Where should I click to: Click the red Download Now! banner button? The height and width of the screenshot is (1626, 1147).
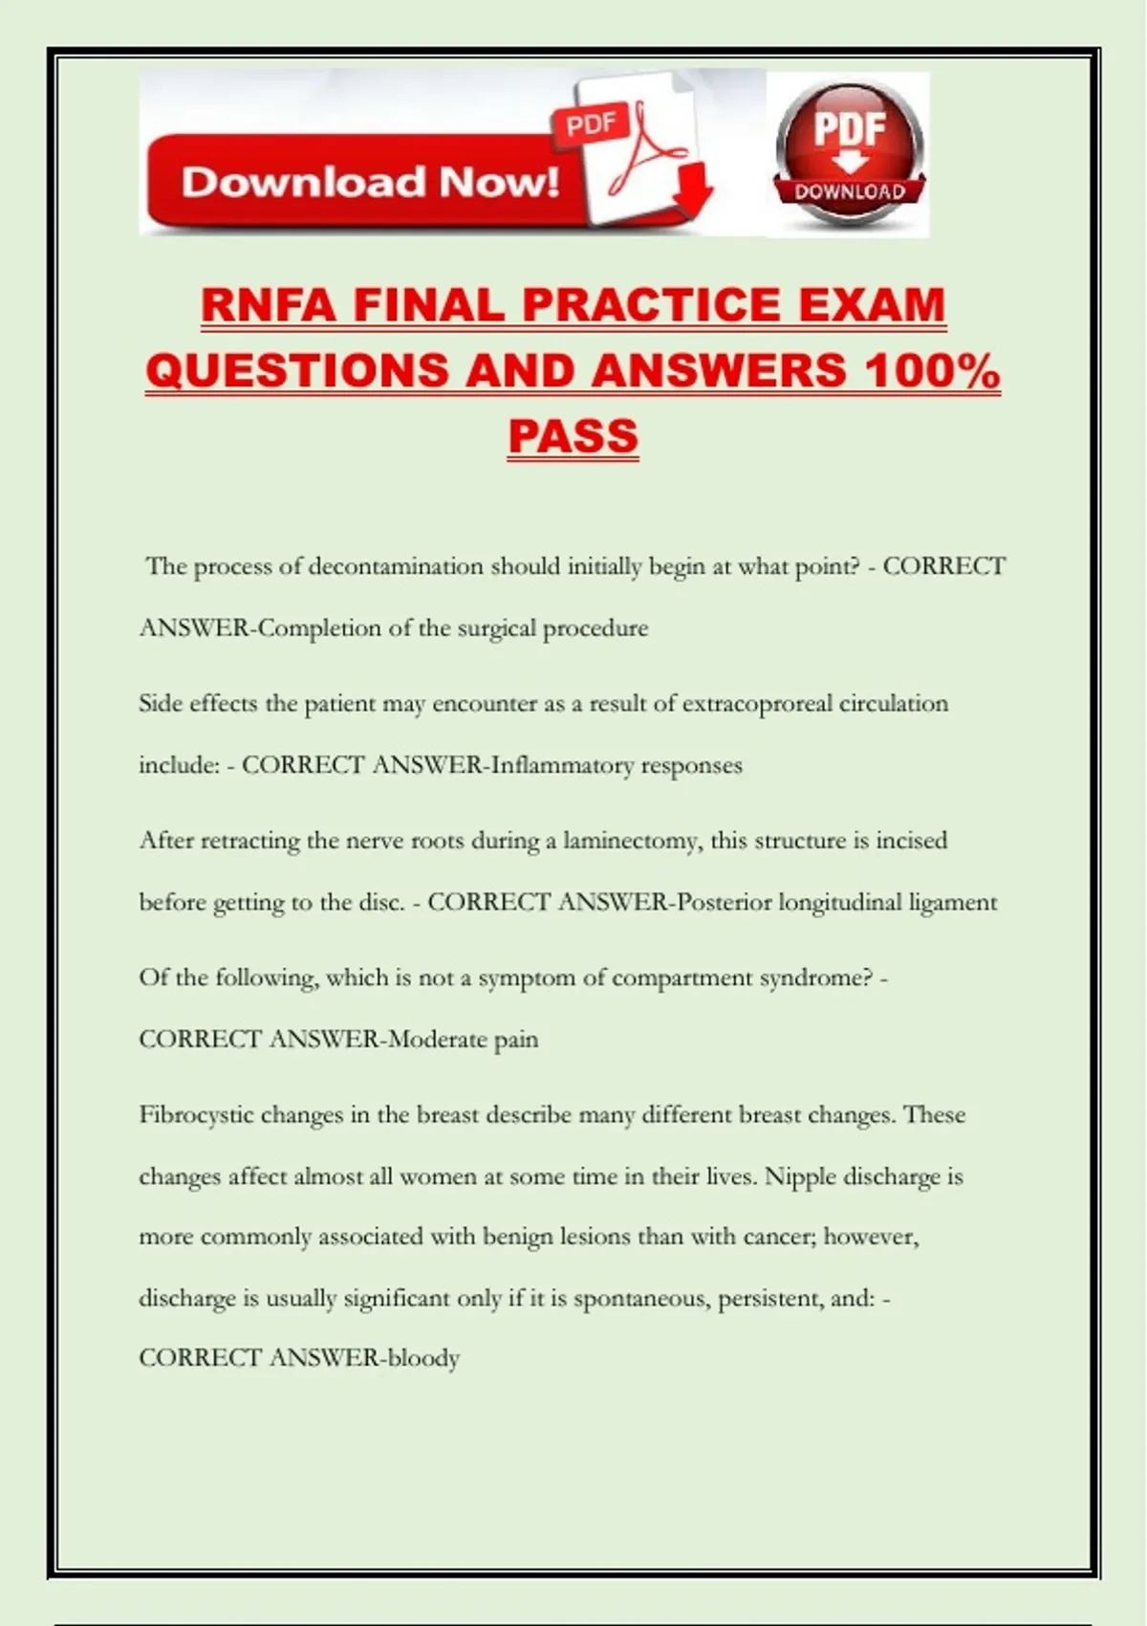368,182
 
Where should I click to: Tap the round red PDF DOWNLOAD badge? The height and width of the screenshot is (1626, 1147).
849,153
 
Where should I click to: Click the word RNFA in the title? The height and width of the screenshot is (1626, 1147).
269,306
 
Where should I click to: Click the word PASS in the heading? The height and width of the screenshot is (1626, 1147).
573,436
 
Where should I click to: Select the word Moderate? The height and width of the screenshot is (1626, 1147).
438,1039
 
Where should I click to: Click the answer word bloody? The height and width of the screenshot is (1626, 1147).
423,1358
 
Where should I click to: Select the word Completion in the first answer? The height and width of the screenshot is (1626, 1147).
320,628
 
